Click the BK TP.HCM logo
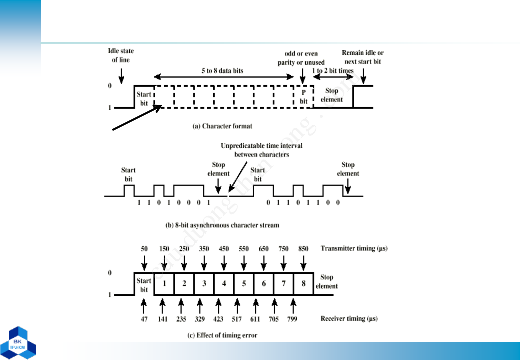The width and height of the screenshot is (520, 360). (18, 343)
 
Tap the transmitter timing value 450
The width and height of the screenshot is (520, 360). (224, 249)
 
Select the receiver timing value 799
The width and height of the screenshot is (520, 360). (292, 319)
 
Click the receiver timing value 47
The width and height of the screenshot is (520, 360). (144, 319)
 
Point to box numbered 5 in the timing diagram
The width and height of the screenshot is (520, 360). (244, 284)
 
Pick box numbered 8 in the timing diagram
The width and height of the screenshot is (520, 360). (304, 284)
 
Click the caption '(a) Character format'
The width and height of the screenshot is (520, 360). (222, 126)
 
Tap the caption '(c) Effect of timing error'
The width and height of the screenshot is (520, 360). (222, 335)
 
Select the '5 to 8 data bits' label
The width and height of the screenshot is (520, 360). (222, 71)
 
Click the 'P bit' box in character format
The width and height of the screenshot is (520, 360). (304, 97)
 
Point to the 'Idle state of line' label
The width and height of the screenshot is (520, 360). (121, 55)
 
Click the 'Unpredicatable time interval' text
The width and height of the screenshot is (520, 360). (261, 146)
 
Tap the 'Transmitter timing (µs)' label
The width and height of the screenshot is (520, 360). (354, 248)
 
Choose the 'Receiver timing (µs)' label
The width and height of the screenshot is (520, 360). (349, 319)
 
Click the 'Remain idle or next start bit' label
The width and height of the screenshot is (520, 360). (363, 57)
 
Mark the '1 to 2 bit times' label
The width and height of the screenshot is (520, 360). (333, 70)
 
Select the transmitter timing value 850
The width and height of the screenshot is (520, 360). (303, 249)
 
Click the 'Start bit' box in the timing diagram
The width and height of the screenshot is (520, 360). (144, 284)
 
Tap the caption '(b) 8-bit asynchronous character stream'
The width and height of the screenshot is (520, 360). (222, 225)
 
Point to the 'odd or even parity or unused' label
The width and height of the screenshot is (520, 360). (301, 58)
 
